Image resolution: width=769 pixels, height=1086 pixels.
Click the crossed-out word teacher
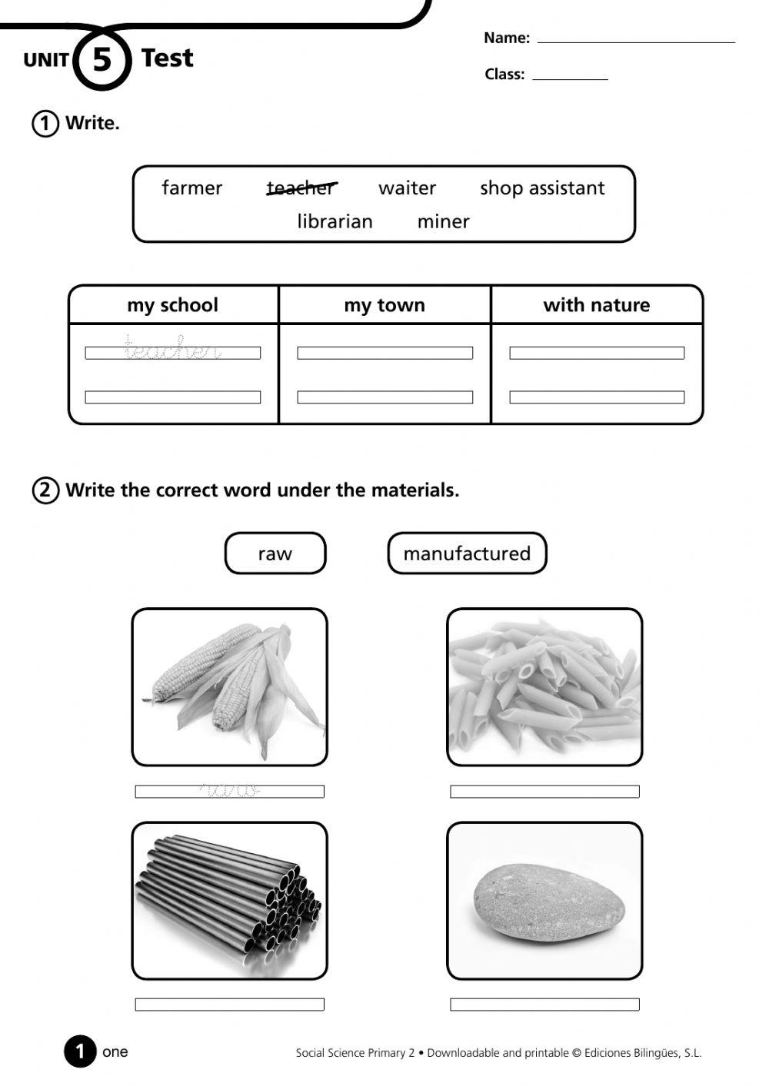click(x=301, y=188)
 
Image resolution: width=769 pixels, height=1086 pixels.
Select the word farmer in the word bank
click(x=191, y=188)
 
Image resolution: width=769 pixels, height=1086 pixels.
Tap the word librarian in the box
click(x=335, y=221)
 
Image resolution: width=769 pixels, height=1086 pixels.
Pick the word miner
click(x=443, y=221)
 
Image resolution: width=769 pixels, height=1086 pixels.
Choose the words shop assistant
click(x=542, y=188)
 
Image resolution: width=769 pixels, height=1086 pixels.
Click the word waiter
click(x=407, y=188)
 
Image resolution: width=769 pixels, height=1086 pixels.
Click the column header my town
click(x=384, y=305)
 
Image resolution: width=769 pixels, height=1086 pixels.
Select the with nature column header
click(x=596, y=305)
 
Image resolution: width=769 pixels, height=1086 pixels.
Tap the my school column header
click(x=173, y=305)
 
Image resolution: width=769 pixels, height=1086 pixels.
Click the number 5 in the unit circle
click(x=102, y=59)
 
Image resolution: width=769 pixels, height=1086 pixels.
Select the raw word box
click(x=275, y=553)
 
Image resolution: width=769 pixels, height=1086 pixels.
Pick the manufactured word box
click(x=467, y=553)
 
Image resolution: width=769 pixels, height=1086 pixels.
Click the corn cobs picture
click(x=230, y=686)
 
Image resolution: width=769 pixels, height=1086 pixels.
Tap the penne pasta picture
click(x=544, y=686)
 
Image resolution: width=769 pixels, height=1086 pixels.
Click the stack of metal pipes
click(x=230, y=900)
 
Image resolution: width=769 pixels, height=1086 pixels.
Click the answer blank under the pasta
click(x=544, y=792)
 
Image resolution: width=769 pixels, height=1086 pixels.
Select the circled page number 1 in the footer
click(x=80, y=1052)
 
